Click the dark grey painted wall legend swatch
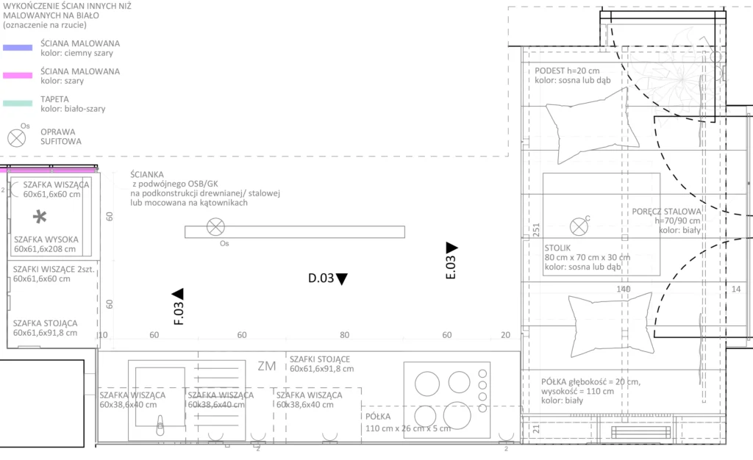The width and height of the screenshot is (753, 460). tap(18, 48)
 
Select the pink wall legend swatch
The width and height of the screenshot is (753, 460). tap(18, 75)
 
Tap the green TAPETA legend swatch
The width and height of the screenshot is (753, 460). tap(18, 103)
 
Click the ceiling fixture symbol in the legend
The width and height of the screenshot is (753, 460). tap(16, 138)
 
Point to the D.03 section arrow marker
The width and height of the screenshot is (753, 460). tap(341, 278)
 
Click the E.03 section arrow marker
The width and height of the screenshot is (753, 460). tap(452, 248)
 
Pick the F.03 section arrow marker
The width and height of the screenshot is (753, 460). tap(178, 293)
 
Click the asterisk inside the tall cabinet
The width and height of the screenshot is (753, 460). tap(40, 217)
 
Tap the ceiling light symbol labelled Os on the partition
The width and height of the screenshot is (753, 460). tap(215, 227)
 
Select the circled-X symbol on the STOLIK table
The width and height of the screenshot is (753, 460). tap(579, 226)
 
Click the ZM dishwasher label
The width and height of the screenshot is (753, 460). tap(266, 366)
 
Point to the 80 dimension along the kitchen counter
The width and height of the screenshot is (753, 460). tap(344, 335)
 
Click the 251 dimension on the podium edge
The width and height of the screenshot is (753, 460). tap(536, 230)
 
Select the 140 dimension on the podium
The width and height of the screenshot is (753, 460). tap(624, 289)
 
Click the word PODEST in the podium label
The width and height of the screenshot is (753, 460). tap(550, 71)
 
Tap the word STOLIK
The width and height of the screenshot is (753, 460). tap(557, 248)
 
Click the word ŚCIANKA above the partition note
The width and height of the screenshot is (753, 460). tap(147, 175)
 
